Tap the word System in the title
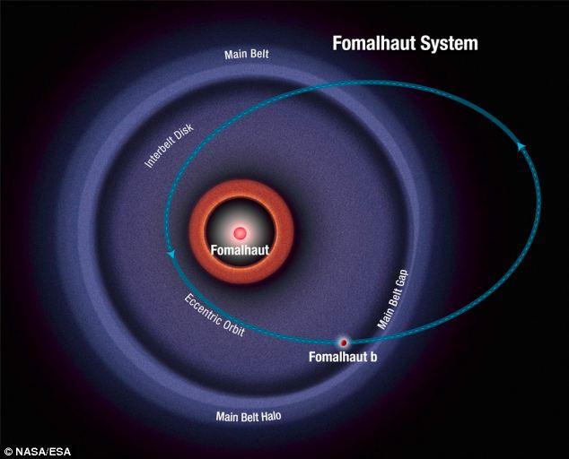pyautogui.click(x=449, y=44)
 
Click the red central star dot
pyautogui.click(x=240, y=233)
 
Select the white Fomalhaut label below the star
pyautogui.click(x=240, y=250)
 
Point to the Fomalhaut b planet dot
pyautogui.click(x=344, y=342)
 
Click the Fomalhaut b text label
pyautogui.click(x=343, y=357)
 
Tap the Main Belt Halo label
pyautogui.click(x=249, y=416)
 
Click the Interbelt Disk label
pyautogui.click(x=169, y=146)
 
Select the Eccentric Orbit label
pyautogui.click(x=214, y=315)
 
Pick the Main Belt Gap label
pyautogui.click(x=392, y=299)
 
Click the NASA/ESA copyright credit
pyautogui.click(x=38, y=452)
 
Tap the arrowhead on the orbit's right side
pyautogui.click(x=521, y=146)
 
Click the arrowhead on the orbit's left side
pyautogui.click(x=171, y=254)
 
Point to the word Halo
pyautogui.click(x=270, y=416)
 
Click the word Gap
pyautogui.click(x=402, y=279)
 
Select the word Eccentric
pyautogui.click(x=203, y=308)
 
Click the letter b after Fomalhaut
pyautogui.click(x=373, y=357)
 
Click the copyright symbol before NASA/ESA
pyautogui.click(x=9, y=452)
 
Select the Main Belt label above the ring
pyautogui.click(x=247, y=55)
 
